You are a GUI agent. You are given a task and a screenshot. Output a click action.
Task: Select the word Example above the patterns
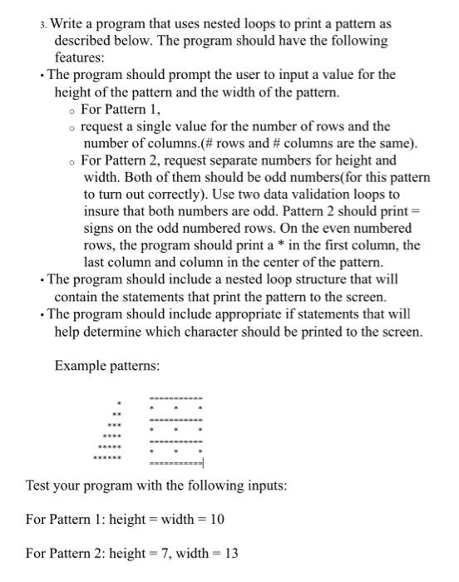click(81, 366)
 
